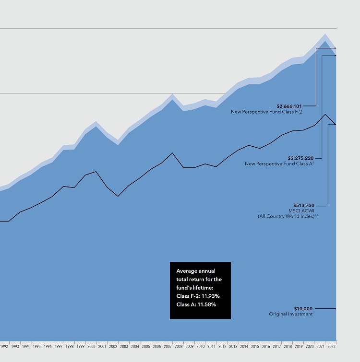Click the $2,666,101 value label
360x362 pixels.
[x=289, y=106]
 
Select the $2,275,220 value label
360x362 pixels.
[x=300, y=158]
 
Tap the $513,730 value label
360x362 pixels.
[x=304, y=205]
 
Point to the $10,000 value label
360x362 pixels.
[x=303, y=308]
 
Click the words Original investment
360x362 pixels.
[x=290, y=314]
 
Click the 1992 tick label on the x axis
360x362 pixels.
[x=4, y=345]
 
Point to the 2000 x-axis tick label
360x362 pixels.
[x=91, y=345]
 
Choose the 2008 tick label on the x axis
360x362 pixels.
[x=178, y=345]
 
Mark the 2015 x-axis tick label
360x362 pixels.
[x=254, y=345]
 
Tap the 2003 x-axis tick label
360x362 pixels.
[x=124, y=345]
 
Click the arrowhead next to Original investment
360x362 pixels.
[x=335, y=308]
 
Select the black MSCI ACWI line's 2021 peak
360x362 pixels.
[x=325, y=114]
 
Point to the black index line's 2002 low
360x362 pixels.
[x=118, y=196]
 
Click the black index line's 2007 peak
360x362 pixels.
[x=172, y=153]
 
